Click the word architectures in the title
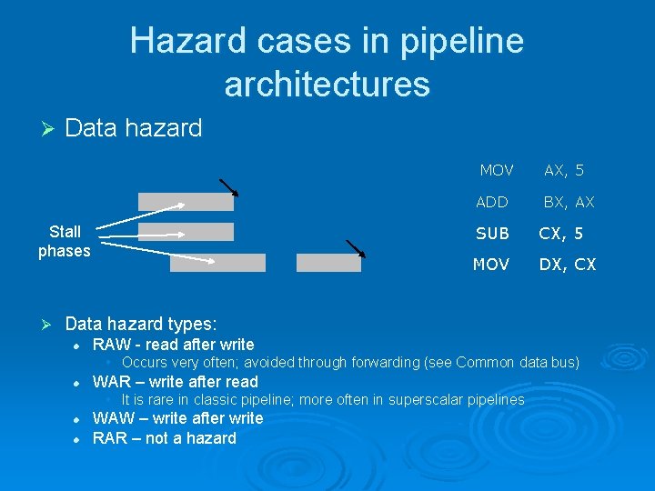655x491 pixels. tap(327, 84)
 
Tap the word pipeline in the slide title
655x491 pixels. tap(461, 41)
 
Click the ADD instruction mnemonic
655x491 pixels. tap(492, 202)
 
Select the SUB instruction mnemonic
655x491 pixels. tap(492, 234)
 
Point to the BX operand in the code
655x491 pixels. tap(555, 202)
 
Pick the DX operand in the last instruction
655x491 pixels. tap(551, 265)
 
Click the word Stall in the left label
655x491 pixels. tap(65, 232)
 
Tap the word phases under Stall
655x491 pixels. tap(65, 251)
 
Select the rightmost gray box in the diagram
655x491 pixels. tap(328, 263)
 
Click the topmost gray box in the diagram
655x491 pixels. tap(186, 202)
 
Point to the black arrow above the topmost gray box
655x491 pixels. tap(228, 187)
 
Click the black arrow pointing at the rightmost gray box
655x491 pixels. tap(355, 248)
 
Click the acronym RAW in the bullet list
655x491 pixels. tap(111, 345)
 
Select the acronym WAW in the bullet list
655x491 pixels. tap(113, 418)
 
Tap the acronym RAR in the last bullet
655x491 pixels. tap(111, 438)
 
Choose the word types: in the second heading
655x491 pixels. tap(193, 324)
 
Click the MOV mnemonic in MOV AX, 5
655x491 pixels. tap(497, 170)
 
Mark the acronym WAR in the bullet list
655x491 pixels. tap(112, 382)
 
